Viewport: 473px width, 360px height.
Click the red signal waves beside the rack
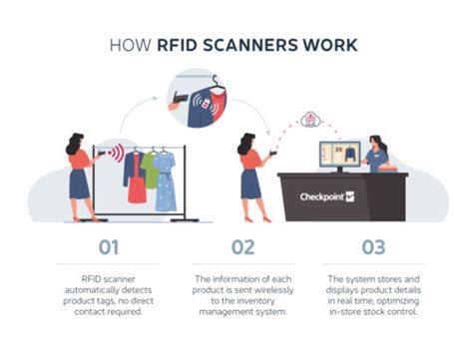[117, 154]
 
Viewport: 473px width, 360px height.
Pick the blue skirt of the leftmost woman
[80, 184]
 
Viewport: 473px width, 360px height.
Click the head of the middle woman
[246, 140]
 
